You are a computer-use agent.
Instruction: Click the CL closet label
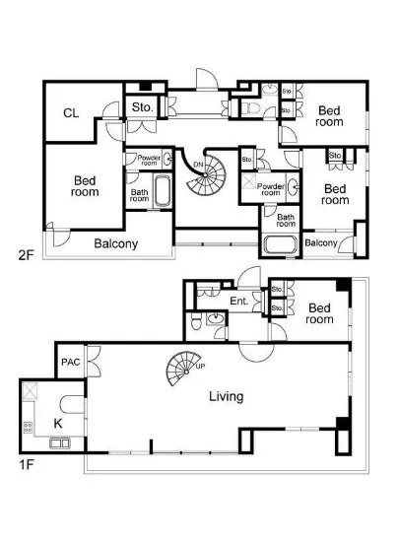pyautogui.click(x=71, y=113)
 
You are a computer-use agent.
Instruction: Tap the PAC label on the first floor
pyautogui.click(x=71, y=362)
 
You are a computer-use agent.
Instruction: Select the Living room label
pyautogui.click(x=227, y=396)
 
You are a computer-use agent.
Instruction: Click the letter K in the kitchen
pyautogui.click(x=58, y=423)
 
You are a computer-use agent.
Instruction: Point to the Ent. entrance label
pyautogui.click(x=239, y=301)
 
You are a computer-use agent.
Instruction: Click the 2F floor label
pyautogui.click(x=26, y=255)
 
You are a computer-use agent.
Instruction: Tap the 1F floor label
pyautogui.click(x=26, y=464)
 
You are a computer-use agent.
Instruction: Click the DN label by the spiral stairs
pyautogui.click(x=198, y=165)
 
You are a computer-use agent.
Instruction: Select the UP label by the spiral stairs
pyautogui.click(x=200, y=366)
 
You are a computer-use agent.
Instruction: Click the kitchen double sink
pyautogui.click(x=60, y=443)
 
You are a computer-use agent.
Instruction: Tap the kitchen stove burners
pyautogui.click(x=28, y=428)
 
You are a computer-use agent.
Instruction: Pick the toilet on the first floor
pyautogui.click(x=196, y=323)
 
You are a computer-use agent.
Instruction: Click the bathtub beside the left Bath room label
pyautogui.click(x=162, y=191)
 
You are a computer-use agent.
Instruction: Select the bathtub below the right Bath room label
pyautogui.click(x=280, y=244)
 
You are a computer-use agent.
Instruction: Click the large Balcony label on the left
pyautogui.click(x=115, y=243)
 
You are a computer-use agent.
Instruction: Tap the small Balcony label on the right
pyautogui.click(x=320, y=243)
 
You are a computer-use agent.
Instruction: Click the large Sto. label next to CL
pyautogui.click(x=142, y=107)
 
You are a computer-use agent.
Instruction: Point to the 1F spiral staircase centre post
pyautogui.click(x=186, y=372)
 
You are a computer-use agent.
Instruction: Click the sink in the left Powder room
pyautogui.click(x=167, y=160)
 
